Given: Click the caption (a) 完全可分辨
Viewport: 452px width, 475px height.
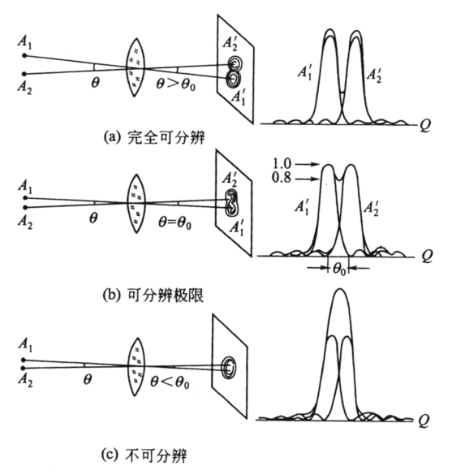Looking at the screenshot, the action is point(154,137).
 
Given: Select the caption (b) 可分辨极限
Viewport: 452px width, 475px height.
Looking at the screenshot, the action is point(153,295).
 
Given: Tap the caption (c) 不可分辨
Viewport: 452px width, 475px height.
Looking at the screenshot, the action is point(144,455).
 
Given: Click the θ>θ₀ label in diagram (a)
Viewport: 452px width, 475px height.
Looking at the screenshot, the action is point(175,84).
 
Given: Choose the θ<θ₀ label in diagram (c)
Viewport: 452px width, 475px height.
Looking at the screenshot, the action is point(170,382).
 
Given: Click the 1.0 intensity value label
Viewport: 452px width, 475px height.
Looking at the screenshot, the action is point(282,164).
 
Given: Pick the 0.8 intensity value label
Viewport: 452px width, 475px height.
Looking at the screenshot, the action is point(282,178).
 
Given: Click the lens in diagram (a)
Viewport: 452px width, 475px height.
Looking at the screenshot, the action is point(136,67).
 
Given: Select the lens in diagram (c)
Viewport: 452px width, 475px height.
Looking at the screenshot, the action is point(137,367).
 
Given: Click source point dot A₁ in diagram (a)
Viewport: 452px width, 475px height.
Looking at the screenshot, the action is point(25,56).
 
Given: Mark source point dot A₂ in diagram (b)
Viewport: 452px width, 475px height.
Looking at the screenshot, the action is point(25,208).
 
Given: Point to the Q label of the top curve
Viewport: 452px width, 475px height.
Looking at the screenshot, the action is point(425,125).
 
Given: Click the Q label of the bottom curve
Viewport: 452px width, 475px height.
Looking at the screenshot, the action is point(424,421).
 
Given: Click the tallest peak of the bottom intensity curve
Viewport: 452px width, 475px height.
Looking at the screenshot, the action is point(340,289).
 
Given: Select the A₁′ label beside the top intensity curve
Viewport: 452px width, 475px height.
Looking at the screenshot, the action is point(305,73).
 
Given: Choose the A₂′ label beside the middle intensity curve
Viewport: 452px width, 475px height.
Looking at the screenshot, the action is point(371,209).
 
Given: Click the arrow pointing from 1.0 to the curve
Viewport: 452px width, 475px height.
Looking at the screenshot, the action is point(308,164).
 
